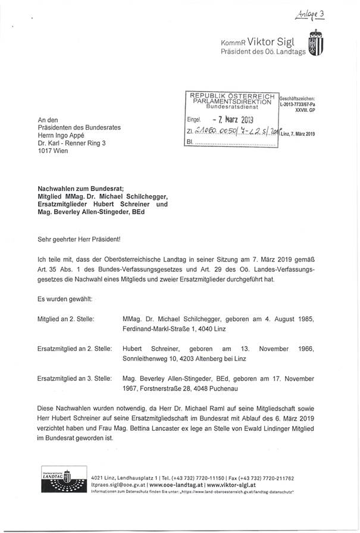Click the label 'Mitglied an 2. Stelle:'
click(65, 319)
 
